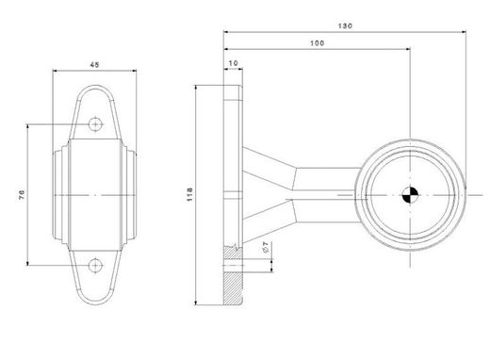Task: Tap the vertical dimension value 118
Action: [188, 193]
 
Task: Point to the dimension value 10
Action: [232, 62]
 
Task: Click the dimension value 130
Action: [346, 25]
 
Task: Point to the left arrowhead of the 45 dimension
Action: [55, 71]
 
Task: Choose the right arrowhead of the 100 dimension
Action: [408, 51]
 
